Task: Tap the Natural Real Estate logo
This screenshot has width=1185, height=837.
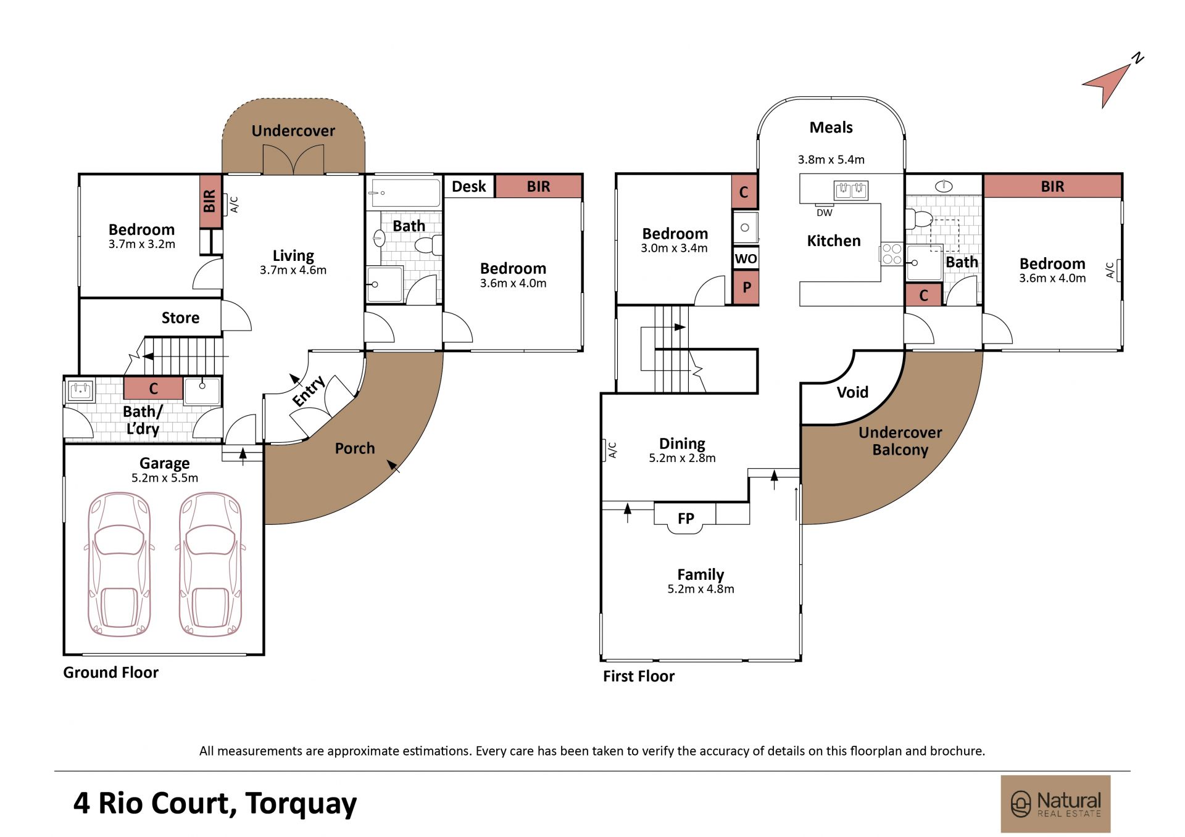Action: (1055, 804)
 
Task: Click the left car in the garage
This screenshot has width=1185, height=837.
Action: (119, 564)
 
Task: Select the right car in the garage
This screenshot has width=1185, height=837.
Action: (210, 564)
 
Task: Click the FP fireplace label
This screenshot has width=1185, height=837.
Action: (686, 519)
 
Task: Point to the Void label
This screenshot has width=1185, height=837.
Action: (852, 392)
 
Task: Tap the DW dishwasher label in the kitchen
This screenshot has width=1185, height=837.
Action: (825, 213)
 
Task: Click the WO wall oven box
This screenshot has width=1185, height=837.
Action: (746, 258)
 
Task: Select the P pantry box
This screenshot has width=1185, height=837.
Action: (746, 287)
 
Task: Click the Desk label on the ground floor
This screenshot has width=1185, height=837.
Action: (469, 186)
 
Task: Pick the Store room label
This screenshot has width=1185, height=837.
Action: (180, 318)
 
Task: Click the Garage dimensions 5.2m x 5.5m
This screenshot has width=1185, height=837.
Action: (165, 478)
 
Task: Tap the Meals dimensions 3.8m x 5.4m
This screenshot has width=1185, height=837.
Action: (831, 160)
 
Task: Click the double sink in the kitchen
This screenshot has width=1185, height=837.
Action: (850, 191)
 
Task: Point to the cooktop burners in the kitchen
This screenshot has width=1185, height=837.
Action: (892, 254)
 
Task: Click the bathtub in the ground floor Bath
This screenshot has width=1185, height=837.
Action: (404, 193)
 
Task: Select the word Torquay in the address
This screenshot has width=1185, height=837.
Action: (301, 804)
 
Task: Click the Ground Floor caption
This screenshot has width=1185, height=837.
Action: (110, 672)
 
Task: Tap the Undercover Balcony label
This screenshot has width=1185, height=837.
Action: (900, 441)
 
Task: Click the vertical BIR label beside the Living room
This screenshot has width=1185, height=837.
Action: (210, 201)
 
